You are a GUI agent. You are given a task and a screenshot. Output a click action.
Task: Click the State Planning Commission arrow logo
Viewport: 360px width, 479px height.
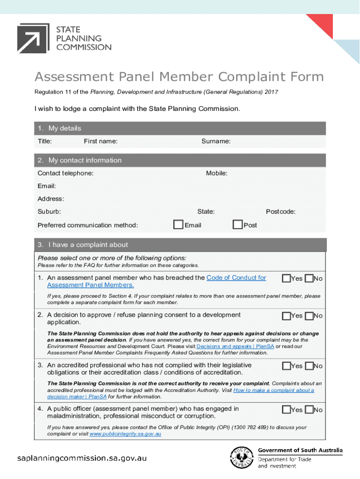point(33,38)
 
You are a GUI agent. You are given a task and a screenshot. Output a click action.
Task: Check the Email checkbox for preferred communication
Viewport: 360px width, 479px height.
point(178,225)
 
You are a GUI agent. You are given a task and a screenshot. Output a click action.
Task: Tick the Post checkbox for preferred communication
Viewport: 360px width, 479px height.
point(238,225)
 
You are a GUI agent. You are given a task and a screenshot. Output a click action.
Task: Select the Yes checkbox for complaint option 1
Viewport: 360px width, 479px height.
point(286,278)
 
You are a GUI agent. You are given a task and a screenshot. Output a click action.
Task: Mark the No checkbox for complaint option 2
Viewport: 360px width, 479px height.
point(309,316)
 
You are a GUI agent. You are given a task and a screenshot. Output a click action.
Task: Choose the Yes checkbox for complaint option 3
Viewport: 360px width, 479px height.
point(286,366)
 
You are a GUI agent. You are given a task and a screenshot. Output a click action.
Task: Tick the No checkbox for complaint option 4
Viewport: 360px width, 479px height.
point(309,410)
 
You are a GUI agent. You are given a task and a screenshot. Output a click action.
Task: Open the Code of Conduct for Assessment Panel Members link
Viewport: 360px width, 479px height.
point(236,277)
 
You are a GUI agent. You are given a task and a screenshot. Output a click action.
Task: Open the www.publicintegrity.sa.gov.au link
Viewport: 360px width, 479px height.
point(125,434)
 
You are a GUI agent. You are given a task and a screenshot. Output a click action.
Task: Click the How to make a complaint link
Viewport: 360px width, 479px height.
point(274,390)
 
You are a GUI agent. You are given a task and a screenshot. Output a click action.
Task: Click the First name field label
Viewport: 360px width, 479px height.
point(101,141)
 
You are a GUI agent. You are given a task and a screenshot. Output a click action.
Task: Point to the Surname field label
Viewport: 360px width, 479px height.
point(216,141)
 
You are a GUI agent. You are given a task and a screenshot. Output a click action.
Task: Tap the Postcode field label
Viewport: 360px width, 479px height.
point(281,211)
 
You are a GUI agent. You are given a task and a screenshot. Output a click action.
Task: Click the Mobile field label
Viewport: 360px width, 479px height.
point(216,173)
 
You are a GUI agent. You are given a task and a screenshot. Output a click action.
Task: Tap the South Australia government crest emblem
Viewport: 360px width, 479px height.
point(241,457)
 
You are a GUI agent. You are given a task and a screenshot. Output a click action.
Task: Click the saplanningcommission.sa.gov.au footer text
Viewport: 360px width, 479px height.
point(82,458)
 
